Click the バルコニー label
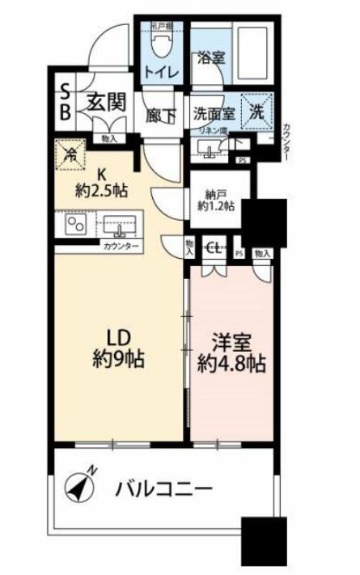click(x=164, y=488)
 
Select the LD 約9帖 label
click(x=116, y=347)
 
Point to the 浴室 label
click(x=210, y=58)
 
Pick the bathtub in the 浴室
click(x=255, y=54)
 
